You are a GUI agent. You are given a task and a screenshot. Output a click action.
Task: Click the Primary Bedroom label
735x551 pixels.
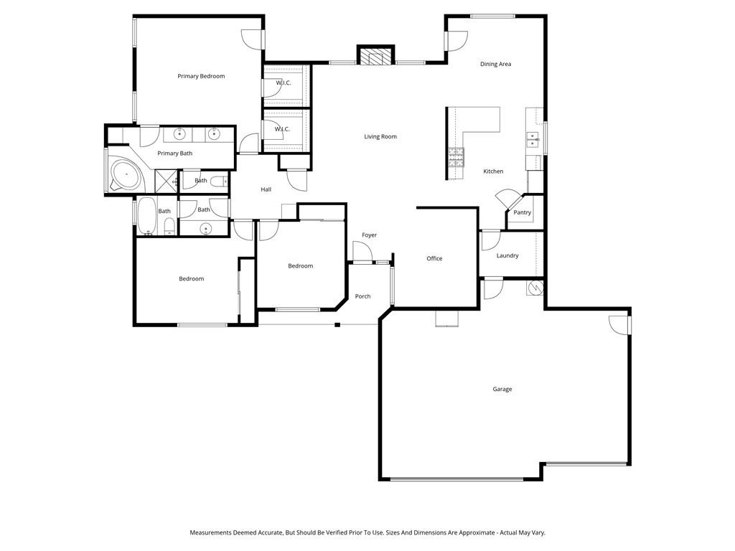(201, 76)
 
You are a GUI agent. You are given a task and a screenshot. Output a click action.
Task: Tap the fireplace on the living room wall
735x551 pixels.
(376, 57)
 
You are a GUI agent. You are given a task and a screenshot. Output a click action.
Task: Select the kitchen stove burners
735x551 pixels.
(456, 157)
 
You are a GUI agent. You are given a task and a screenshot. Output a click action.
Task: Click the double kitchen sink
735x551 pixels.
(532, 138)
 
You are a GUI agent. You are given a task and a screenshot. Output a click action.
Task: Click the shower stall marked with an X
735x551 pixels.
(166, 179)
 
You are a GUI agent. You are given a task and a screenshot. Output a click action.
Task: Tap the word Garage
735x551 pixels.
(502, 389)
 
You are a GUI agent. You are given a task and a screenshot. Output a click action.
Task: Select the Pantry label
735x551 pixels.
(523, 212)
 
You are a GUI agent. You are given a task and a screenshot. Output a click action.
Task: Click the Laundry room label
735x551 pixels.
(507, 255)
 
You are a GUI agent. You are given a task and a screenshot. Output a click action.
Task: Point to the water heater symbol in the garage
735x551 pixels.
(535, 288)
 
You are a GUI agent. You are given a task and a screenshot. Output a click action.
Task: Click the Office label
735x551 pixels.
(434, 258)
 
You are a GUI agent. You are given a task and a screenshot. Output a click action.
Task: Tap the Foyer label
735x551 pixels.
(369, 235)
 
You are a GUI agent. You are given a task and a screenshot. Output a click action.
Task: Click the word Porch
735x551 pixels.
(363, 296)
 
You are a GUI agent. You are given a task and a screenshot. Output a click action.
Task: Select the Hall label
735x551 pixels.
(266, 189)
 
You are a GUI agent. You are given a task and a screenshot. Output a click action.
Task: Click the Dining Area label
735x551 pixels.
(495, 65)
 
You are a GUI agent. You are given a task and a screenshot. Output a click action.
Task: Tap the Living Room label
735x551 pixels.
(380, 136)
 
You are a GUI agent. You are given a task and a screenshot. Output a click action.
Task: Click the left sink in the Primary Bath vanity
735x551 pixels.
(179, 134)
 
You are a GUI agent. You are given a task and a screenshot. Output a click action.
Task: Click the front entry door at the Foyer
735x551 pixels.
(362, 253)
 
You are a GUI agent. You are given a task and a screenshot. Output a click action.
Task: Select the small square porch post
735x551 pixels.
(337, 325)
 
